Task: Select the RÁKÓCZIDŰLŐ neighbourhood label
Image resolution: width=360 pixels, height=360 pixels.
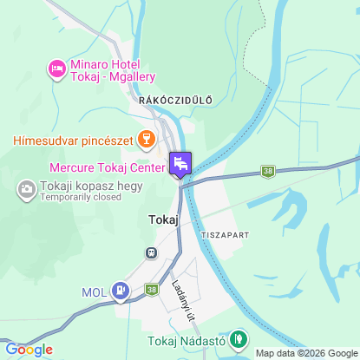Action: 173,101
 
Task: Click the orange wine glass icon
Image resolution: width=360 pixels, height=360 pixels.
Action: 146,139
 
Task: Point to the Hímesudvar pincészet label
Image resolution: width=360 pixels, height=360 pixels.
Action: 73,139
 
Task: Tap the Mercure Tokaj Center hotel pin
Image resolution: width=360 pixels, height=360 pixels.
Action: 180,163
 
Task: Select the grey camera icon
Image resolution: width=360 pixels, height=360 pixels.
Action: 26,188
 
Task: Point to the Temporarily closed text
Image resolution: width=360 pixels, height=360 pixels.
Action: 80,197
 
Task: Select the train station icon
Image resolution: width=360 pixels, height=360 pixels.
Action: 151,252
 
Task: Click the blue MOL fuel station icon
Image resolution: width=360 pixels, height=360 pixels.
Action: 121,291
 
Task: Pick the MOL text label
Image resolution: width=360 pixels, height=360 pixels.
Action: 94,291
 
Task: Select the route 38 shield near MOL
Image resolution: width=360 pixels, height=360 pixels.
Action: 152,288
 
